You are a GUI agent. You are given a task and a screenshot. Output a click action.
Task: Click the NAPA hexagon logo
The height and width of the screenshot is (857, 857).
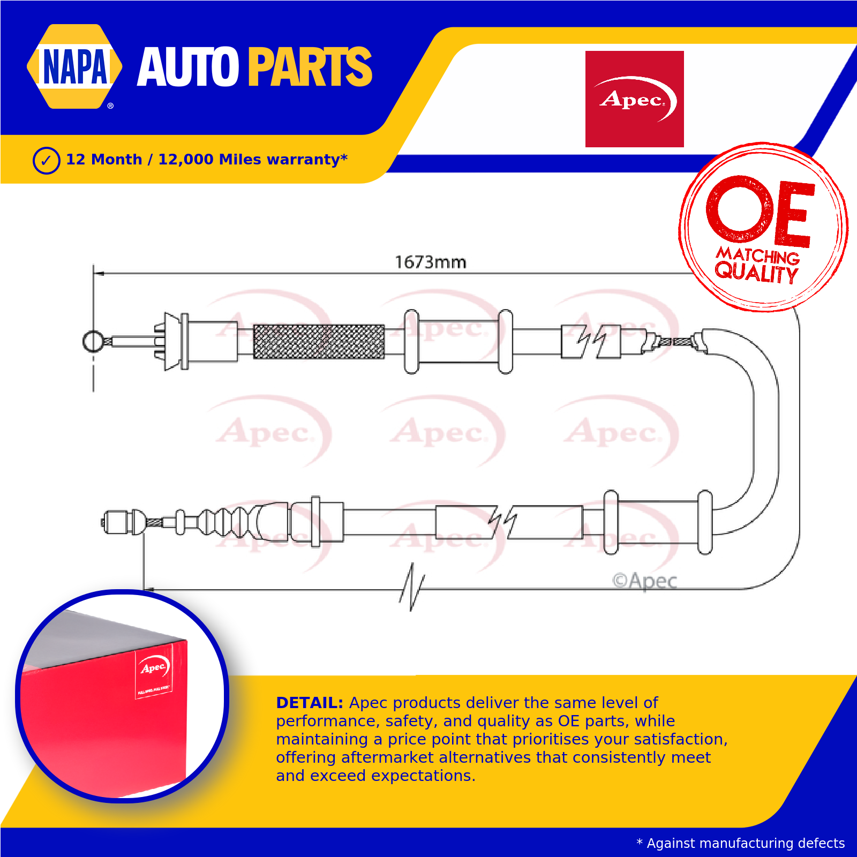74,66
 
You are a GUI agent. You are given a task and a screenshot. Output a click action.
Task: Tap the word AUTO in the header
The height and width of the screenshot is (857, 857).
187,67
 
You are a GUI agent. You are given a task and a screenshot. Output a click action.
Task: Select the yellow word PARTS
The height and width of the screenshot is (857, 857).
310,67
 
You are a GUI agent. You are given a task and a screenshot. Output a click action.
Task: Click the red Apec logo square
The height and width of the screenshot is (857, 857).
634,99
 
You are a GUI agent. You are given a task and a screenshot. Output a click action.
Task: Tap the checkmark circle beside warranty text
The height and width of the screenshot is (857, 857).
46,160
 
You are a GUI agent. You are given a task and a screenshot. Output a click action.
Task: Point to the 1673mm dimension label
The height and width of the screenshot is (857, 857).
431,262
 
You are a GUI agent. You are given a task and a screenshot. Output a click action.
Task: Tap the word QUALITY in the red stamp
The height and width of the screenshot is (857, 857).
756,273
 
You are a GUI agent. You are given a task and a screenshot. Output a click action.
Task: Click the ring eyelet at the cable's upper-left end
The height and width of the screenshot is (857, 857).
93,341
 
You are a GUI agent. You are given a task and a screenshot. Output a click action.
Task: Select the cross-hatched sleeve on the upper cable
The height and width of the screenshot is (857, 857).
319,341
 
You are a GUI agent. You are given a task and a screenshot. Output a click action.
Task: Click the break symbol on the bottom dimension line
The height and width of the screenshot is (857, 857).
412,587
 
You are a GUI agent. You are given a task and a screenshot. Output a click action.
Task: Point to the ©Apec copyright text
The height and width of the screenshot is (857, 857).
644,581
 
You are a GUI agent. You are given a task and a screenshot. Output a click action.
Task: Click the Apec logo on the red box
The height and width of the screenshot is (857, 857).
154,667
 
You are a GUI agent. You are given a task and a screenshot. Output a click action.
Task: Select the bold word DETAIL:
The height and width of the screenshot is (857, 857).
309,703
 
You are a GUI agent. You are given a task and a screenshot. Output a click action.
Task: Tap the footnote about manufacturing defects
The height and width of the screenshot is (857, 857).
740,844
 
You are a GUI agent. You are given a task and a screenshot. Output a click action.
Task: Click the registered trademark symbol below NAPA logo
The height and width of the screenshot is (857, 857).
110,106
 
